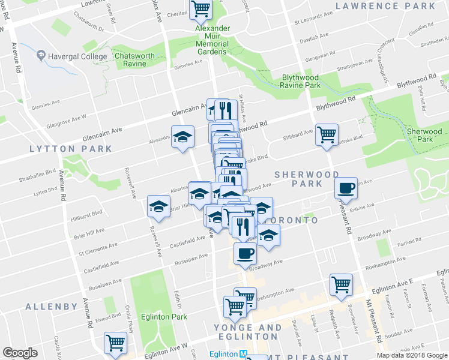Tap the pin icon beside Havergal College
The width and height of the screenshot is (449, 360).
pyautogui.click(x=41, y=56)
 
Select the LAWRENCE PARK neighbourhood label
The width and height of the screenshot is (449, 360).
pyautogui.click(x=385, y=6)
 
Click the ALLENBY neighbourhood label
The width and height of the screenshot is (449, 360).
pyautogui.click(x=52, y=307)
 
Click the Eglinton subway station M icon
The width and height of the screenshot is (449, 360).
pyautogui.click(x=243, y=354)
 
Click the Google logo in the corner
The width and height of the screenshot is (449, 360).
pyautogui.click(x=20, y=353)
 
